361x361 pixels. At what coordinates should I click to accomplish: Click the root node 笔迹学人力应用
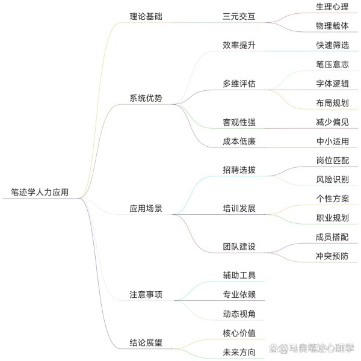tap(40, 192)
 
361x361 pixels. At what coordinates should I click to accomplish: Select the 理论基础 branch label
tap(146, 17)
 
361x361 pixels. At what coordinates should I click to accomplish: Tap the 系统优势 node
tap(146, 98)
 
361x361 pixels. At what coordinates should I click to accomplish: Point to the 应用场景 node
tap(146, 208)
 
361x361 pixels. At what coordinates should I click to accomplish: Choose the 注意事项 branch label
tap(146, 294)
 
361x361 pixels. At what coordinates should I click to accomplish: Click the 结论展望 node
tap(146, 342)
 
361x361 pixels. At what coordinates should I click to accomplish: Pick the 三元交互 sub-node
tap(239, 17)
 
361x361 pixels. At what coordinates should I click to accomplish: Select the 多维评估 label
tap(239, 84)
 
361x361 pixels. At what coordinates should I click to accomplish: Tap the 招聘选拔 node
tap(239, 170)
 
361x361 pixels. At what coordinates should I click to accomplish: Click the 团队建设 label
tap(239, 247)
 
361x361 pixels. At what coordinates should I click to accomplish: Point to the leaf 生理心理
tap(332, 7)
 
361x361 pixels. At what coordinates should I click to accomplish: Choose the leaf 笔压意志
tap(332, 64)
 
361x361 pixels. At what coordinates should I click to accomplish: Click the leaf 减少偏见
tap(332, 122)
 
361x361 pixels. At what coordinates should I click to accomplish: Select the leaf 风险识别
tap(332, 179)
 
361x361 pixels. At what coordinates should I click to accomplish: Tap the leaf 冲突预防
tap(332, 256)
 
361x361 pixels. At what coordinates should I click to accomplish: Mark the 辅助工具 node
tap(239, 276)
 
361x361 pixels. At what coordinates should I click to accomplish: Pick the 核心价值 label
tap(239, 333)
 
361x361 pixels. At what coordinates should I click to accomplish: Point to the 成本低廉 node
tap(239, 141)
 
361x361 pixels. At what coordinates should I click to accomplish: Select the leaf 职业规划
tap(332, 218)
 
